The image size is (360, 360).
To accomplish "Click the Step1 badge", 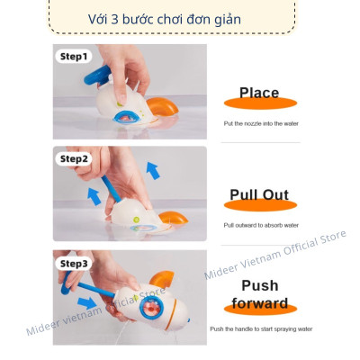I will pyautogui.click(x=74, y=57).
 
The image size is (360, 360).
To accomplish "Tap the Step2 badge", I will pyautogui.click(x=74, y=159).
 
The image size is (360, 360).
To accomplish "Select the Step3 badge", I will pyautogui.click(x=74, y=264).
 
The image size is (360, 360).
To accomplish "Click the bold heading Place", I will pyautogui.click(x=258, y=92).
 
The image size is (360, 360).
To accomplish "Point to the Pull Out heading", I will pyautogui.click(x=258, y=193).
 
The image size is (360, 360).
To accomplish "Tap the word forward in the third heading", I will pyautogui.click(x=258, y=302).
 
